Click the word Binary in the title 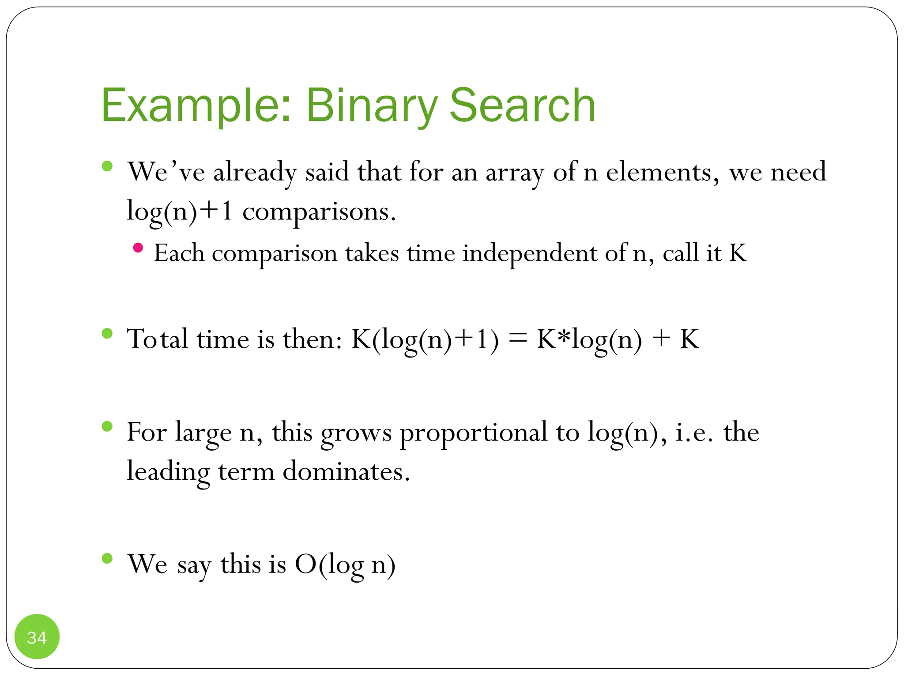click(372, 106)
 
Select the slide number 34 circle click(37, 637)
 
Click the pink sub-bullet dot click(138, 248)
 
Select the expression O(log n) click(345, 565)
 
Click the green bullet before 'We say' click(107, 558)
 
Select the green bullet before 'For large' click(107, 426)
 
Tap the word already click(255, 173)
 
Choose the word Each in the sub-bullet click(179, 253)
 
